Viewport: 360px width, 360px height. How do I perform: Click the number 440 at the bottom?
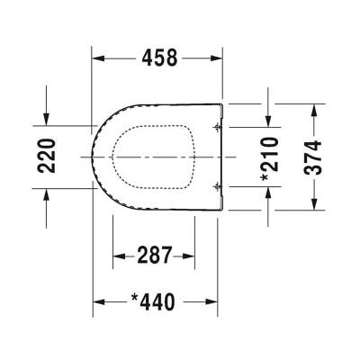pyautogui.click(x=165, y=301)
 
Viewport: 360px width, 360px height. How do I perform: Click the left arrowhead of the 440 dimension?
pyautogui.click(x=99, y=301)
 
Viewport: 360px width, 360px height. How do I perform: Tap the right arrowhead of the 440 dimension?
pyautogui.click(x=218, y=301)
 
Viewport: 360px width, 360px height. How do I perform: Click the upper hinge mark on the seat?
pyautogui.click(x=216, y=129)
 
